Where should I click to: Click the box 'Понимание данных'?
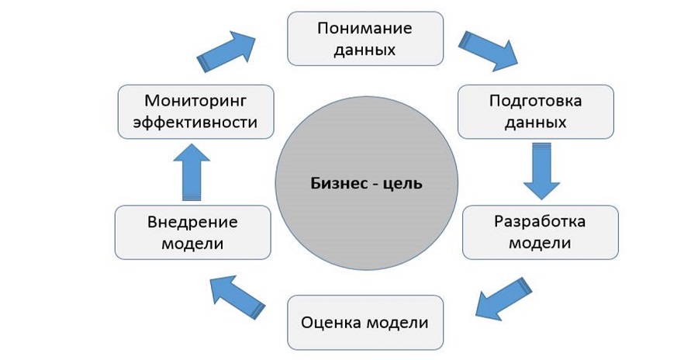[x=365, y=38]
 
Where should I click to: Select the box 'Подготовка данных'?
[x=536, y=111]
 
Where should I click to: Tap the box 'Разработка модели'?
[x=540, y=232]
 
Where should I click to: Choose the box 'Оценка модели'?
[x=365, y=321]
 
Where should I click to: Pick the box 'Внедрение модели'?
[x=192, y=232]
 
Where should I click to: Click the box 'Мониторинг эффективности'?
[x=195, y=111]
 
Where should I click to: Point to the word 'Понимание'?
[x=365, y=28]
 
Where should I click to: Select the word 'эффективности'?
[x=195, y=122]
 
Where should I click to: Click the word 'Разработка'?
[x=540, y=221]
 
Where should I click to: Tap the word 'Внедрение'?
[x=192, y=222]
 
